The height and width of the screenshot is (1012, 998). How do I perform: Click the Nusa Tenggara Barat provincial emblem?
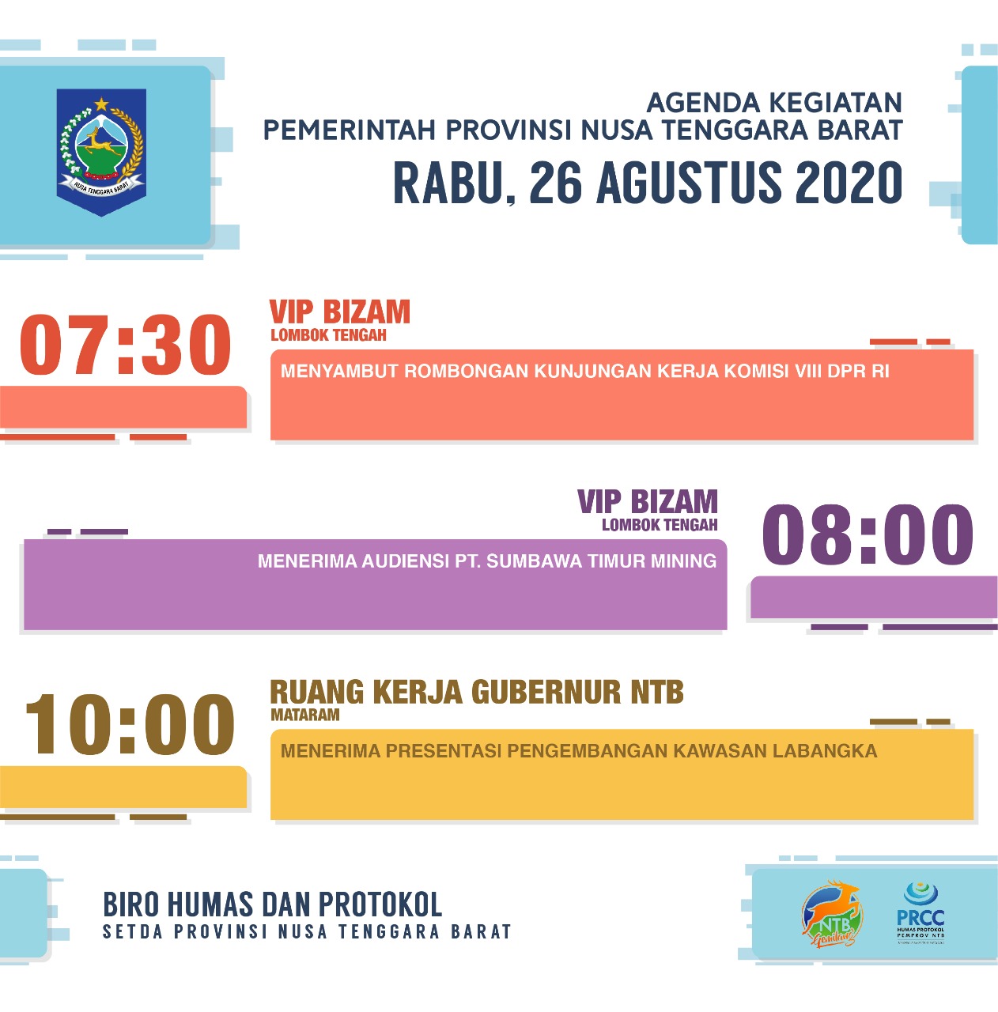click(102, 150)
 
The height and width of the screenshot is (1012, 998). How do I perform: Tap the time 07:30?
click(125, 346)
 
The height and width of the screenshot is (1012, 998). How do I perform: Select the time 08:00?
click(868, 535)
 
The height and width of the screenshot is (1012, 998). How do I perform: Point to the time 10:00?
click(129, 724)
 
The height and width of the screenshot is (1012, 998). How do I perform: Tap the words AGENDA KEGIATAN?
click(774, 103)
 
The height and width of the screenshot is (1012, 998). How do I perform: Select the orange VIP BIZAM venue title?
click(340, 312)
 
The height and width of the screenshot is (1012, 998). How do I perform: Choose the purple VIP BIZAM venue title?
click(648, 502)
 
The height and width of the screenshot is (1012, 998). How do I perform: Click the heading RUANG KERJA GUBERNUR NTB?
click(476, 693)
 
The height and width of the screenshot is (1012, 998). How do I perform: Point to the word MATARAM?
click(305, 715)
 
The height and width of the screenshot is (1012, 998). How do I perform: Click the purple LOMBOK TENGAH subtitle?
click(660, 525)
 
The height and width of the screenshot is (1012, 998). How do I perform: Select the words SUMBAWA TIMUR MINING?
click(601, 561)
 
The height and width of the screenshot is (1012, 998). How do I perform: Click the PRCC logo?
click(921, 912)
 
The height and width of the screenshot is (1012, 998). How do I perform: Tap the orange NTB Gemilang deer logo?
click(832, 913)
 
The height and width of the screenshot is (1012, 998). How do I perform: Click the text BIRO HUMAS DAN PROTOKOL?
click(273, 904)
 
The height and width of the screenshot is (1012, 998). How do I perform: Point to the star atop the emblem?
click(102, 104)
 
